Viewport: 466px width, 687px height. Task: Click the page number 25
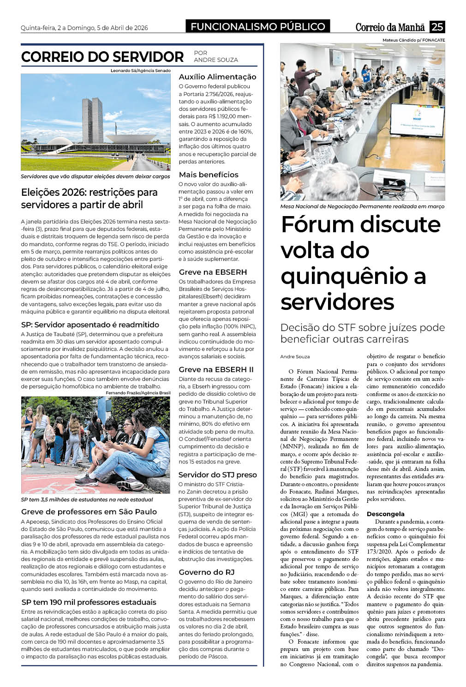click(x=437, y=27)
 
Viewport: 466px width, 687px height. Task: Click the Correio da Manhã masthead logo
click(x=391, y=27)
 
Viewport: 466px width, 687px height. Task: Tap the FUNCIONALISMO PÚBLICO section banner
click(x=258, y=27)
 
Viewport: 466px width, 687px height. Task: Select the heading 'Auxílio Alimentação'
click(x=217, y=77)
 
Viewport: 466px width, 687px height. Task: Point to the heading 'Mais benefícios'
click(x=209, y=175)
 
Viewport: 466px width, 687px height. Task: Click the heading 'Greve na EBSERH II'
click(x=216, y=369)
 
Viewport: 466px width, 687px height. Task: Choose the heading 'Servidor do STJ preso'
click(x=217, y=475)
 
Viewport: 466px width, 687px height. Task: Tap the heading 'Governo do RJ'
click(x=206, y=572)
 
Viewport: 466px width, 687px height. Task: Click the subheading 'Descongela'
click(x=385, y=514)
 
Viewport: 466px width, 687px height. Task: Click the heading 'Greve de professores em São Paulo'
click(x=89, y=512)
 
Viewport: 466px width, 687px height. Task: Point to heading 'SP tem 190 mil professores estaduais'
click(x=89, y=602)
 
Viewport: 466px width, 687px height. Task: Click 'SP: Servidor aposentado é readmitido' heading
click(x=90, y=325)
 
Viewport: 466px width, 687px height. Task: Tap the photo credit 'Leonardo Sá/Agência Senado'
click(x=140, y=71)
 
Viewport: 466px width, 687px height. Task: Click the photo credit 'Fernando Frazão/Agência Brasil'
click(x=138, y=393)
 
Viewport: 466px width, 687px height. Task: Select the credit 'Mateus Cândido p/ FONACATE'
click(x=413, y=40)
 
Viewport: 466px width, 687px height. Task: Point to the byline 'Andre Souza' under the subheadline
click(x=295, y=356)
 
